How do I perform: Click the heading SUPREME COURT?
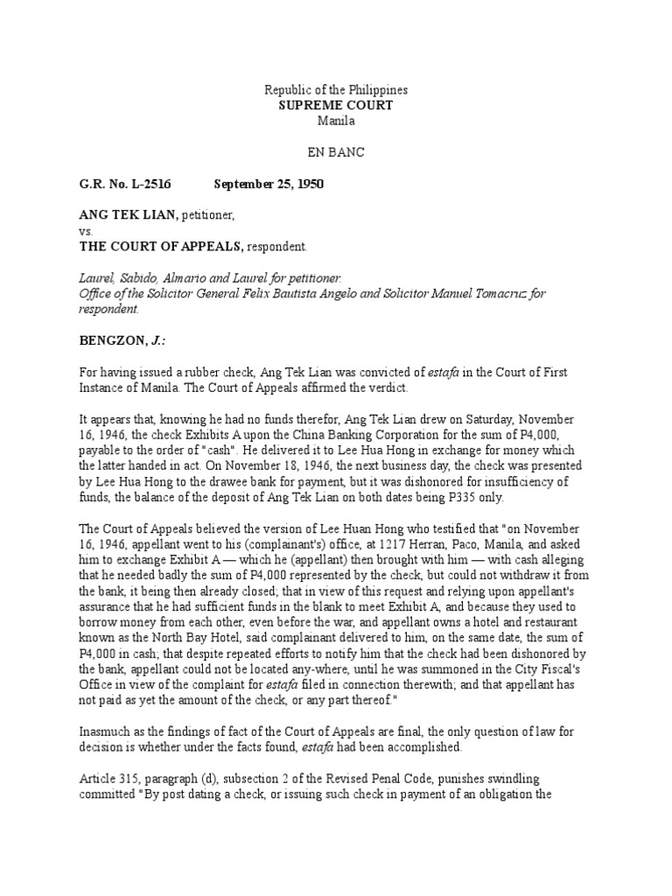pyautogui.click(x=336, y=105)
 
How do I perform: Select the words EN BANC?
pyautogui.click(x=336, y=151)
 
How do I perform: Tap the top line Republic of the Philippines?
pyautogui.click(x=336, y=90)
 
